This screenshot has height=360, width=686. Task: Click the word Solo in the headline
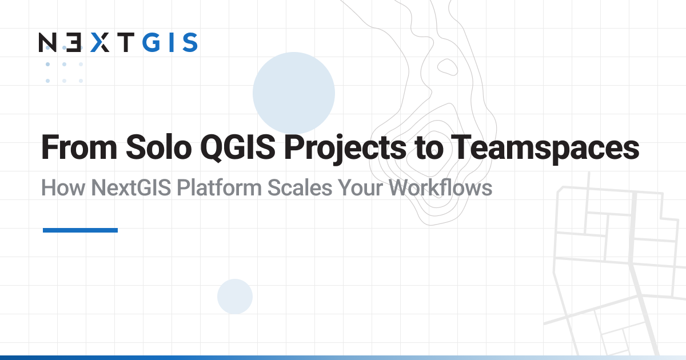(159, 147)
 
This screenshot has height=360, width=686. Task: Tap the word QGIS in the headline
(238, 148)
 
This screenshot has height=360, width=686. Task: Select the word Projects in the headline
(345, 149)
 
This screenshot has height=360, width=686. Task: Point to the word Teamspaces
(545, 149)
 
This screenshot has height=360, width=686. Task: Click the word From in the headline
(79, 147)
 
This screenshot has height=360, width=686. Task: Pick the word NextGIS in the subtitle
(131, 187)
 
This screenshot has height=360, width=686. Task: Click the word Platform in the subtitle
(219, 187)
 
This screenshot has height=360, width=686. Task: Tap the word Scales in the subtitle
(300, 187)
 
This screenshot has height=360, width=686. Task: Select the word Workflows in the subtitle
(440, 187)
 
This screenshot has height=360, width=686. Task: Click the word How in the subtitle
(63, 187)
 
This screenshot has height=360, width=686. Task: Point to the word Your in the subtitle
(360, 187)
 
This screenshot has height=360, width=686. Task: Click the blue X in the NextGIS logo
(100, 42)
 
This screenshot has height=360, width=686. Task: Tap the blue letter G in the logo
(151, 42)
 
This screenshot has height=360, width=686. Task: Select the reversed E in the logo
(74, 42)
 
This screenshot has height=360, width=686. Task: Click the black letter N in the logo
(47, 42)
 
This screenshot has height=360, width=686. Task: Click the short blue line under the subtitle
(80, 230)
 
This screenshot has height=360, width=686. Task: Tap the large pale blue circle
(294, 93)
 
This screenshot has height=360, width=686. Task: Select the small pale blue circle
(235, 297)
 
